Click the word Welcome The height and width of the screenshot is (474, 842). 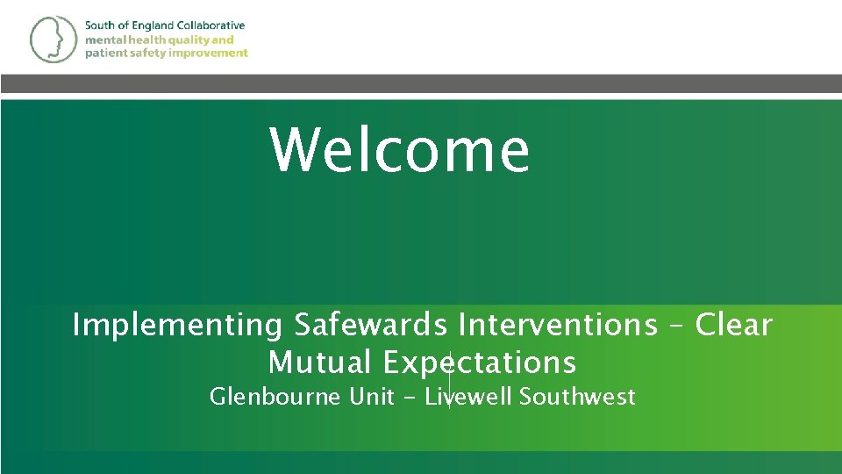(399, 150)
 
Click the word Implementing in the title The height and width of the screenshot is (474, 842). (177, 326)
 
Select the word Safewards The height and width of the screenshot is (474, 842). (370, 326)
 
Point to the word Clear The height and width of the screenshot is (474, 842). (733, 325)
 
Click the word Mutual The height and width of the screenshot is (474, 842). (320, 362)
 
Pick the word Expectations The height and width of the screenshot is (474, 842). (480, 363)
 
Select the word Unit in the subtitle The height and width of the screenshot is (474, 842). (371, 397)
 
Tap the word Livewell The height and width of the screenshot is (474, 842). (469, 397)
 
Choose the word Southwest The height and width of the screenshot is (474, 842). (577, 397)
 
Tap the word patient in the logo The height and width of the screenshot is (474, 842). (103, 53)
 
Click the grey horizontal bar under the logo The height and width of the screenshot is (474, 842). (421, 83)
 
